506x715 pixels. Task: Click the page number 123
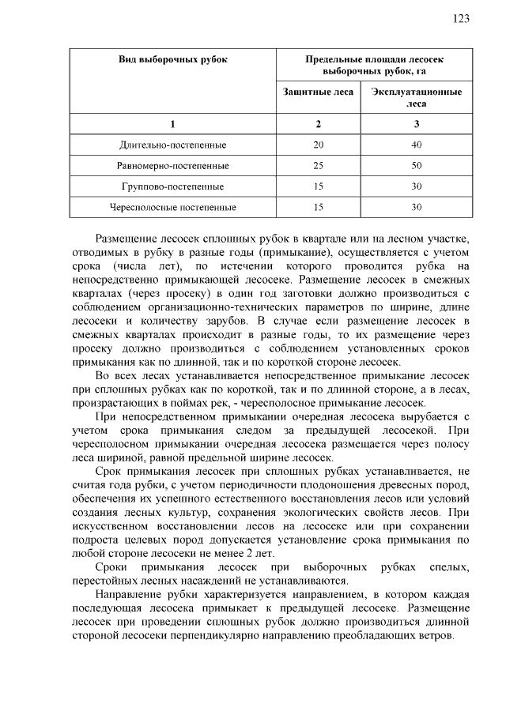pyautogui.click(x=461, y=19)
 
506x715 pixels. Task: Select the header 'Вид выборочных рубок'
pyautogui.click(x=172, y=60)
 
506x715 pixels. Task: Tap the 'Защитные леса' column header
pyautogui.click(x=319, y=92)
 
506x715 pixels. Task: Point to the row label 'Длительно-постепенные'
pyautogui.click(x=172, y=145)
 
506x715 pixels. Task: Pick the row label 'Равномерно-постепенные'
pyautogui.click(x=172, y=166)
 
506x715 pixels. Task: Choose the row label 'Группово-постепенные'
pyautogui.click(x=172, y=187)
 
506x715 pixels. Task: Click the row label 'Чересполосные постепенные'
pyautogui.click(x=172, y=208)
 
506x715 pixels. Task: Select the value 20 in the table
pyautogui.click(x=319, y=145)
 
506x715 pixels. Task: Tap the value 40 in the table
pyautogui.click(x=417, y=145)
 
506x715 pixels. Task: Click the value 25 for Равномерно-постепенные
pyautogui.click(x=319, y=166)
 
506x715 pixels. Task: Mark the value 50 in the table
pyautogui.click(x=417, y=166)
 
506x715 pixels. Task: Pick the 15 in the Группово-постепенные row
pyautogui.click(x=319, y=187)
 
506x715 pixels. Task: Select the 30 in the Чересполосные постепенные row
pyautogui.click(x=417, y=208)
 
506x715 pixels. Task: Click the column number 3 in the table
pyautogui.click(x=417, y=124)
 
